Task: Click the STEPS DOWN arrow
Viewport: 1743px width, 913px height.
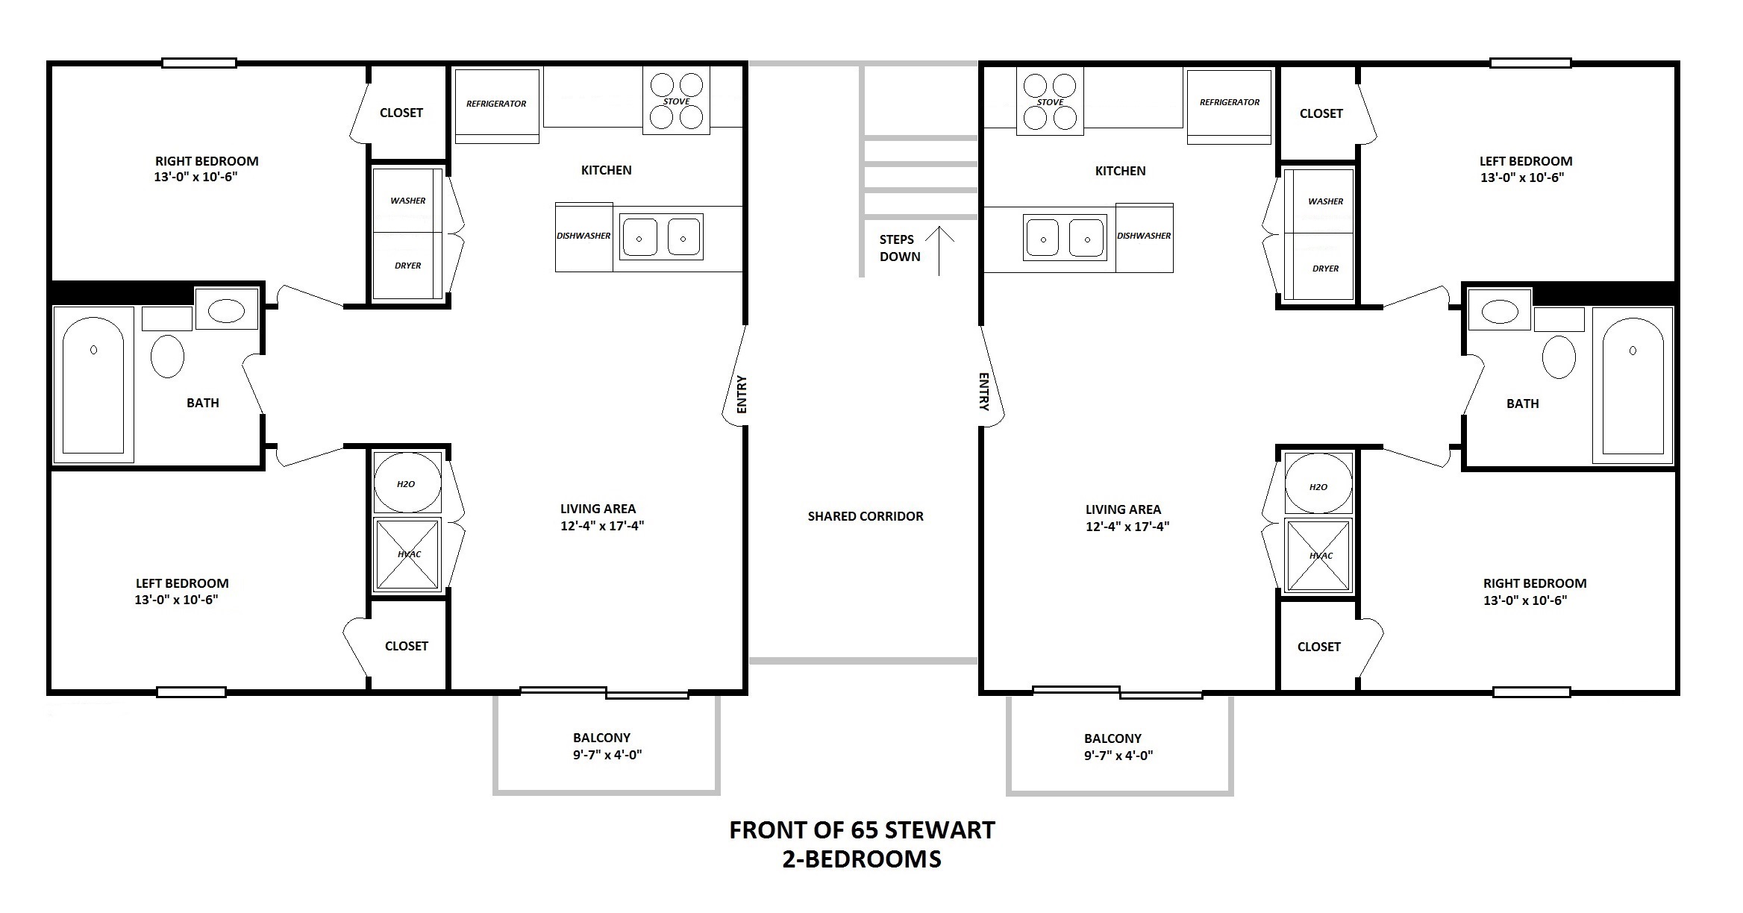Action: point(940,251)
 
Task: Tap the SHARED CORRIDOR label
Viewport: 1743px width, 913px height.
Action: point(866,516)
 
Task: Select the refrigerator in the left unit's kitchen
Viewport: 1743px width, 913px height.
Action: point(496,106)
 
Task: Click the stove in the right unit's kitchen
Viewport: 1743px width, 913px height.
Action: point(1050,101)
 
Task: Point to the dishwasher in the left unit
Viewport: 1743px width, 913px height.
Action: point(583,236)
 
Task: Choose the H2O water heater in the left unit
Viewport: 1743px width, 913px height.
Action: point(407,483)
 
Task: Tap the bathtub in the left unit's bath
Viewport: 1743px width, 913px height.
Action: point(93,385)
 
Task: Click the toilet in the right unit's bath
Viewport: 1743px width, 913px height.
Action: point(1559,356)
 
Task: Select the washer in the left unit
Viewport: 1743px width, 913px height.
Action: point(407,201)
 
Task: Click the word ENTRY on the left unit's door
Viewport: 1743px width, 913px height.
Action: point(741,395)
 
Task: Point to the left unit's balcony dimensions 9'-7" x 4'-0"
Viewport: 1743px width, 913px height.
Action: point(607,754)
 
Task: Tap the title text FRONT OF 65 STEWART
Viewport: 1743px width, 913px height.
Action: point(862,830)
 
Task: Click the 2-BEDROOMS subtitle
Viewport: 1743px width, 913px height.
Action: point(862,859)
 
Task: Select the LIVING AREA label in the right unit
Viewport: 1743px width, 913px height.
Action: point(1123,509)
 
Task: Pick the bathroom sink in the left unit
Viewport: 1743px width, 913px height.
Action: point(227,310)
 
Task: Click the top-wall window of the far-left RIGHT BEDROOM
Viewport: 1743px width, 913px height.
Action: point(199,63)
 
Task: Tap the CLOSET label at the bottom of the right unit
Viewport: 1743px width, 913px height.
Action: point(1318,647)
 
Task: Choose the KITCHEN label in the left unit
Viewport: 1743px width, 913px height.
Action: point(606,170)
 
